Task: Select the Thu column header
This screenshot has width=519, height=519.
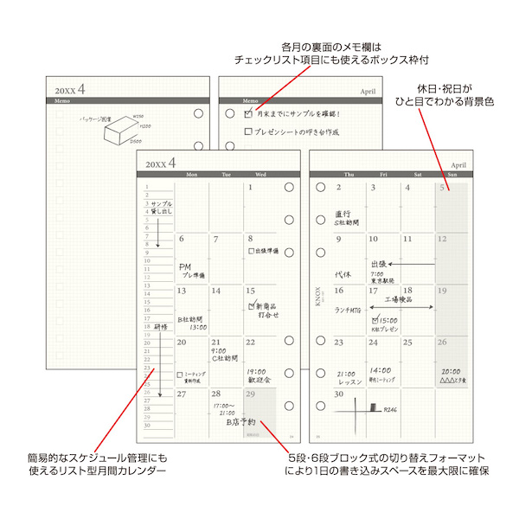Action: point(347,175)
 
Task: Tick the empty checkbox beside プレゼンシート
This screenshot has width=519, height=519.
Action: point(248,132)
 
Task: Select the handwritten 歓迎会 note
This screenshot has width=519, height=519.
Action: point(259,379)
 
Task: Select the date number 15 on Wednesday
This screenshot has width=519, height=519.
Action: point(251,291)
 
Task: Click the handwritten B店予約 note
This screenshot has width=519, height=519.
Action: point(240,422)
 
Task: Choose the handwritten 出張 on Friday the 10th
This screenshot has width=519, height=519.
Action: point(378,264)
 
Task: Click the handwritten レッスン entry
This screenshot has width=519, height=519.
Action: point(349,381)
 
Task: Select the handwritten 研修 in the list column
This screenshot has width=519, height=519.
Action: point(161,327)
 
